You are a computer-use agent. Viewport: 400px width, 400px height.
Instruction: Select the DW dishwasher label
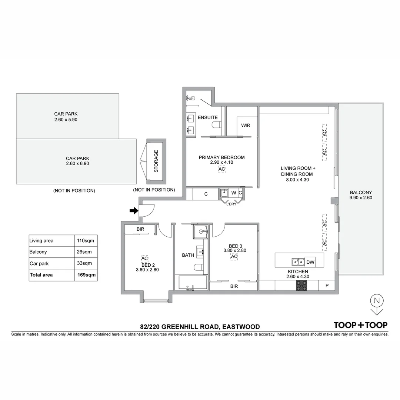coord(310,262)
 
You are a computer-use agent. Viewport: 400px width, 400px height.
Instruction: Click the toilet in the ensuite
coord(215,126)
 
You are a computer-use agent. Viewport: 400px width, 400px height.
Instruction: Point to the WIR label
coord(246,125)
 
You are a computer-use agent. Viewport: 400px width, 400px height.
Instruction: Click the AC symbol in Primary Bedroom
coord(221,169)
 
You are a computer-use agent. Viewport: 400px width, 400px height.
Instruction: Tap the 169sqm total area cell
coord(86,275)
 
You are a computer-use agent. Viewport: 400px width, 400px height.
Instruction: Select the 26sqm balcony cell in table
coord(86,252)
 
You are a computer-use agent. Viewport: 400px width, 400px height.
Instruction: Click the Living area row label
coord(41,241)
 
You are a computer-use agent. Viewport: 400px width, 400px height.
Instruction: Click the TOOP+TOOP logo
coord(360,325)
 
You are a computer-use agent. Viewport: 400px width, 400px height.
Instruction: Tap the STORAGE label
coord(156,161)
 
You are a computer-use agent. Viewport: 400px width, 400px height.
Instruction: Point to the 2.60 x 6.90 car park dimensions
coord(77,163)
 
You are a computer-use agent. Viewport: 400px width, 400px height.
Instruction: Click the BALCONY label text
coord(360,192)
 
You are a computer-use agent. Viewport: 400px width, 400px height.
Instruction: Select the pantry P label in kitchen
coord(327,286)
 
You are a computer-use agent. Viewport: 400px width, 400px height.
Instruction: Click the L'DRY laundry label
coord(231,204)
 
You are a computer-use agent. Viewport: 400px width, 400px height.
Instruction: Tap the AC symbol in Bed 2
coord(144,258)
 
